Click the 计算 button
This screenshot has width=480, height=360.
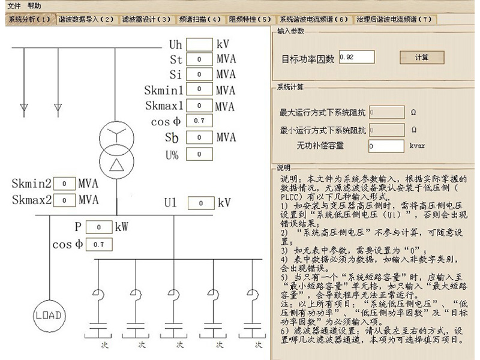(x=422, y=58)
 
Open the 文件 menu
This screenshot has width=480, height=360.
(x=14, y=5)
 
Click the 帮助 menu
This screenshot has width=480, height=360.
(x=35, y=5)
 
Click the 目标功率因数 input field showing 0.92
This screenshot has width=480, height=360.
(x=356, y=57)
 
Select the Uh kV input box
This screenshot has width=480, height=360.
(x=199, y=44)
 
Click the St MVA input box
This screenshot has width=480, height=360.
(x=199, y=59)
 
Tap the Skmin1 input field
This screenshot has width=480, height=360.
(x=199, y=90)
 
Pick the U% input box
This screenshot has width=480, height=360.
(x=199, y=154)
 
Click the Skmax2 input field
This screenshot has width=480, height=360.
(x=64, y=200)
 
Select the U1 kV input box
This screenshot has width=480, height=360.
(x=201, y=203)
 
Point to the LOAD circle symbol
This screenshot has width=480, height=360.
(x=49, y=315)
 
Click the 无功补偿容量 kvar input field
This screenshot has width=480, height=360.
(x=386, y=146)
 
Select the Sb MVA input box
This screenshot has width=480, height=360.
(x=199, y=137)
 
